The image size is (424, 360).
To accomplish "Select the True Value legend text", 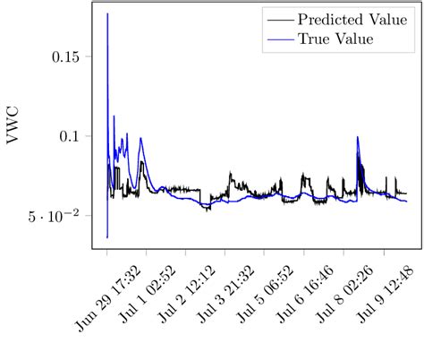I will point(335,39).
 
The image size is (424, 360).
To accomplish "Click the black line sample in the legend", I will point(280,19).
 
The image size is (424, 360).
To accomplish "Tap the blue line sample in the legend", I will point(280,39).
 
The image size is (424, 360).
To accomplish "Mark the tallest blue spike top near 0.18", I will point(107,13).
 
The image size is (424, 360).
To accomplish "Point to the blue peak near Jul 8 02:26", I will point(358,137).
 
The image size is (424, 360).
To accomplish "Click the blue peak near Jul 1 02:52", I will point(140,138).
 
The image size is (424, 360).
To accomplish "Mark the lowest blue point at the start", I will point(107,237).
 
